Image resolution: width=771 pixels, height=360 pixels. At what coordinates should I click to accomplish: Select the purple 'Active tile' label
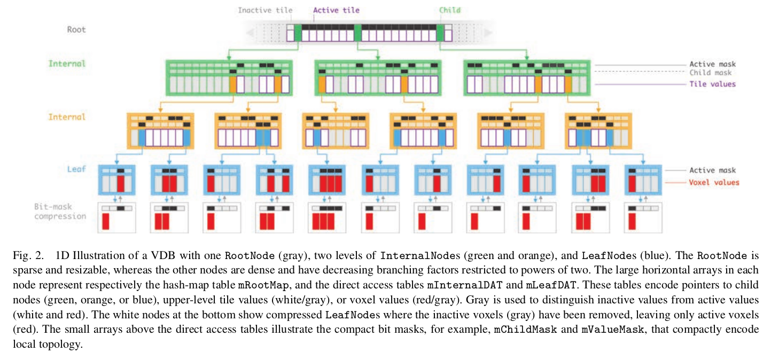[x=336, y=10]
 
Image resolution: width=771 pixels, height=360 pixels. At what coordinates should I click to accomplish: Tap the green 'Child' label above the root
[x=449, y=10]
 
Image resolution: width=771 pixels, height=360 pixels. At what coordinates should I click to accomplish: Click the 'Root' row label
[x=76, y=30]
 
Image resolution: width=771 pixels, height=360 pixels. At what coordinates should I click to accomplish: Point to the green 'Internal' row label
[x=67, y=64]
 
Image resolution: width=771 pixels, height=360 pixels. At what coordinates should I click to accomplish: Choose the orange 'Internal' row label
[x=67, y=117]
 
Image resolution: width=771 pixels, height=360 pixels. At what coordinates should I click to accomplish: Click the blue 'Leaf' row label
[x=76, y=169]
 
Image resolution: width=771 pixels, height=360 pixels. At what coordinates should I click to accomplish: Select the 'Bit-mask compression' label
[x=60, y=212]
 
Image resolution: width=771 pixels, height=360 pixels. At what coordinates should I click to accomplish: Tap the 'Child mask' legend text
[x=710, y=73]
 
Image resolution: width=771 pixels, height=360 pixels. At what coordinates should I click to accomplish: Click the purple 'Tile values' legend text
[x=712, y=84]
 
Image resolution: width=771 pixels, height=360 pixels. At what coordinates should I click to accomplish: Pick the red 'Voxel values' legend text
[x=714, y=182]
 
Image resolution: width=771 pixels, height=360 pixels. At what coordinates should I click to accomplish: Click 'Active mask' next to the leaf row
[x=712, y=170]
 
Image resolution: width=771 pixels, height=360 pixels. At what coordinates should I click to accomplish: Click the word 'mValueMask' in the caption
[x=606, y=330]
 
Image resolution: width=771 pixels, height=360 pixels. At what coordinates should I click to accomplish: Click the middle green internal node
[x=378, y=78]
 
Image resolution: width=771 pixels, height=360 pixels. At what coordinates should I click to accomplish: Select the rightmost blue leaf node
[x=643, y=179]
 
